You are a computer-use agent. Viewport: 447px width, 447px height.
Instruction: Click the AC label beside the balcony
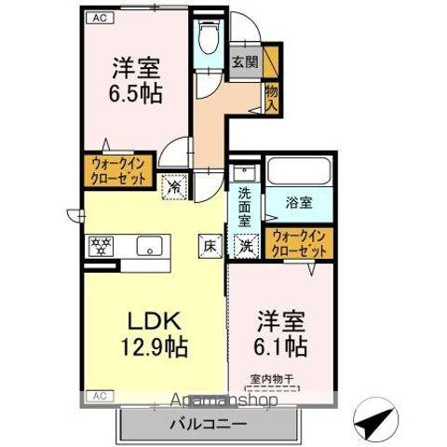pyautogui.click(x=99, y=395)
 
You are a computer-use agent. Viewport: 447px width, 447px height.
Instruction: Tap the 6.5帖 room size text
pyautogui.click(x=136, y=94)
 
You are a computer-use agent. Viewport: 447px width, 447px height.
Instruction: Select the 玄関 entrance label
pyautogui.click(x=245, y=63)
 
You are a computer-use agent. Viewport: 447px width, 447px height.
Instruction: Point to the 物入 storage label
pyautogui.click(x=271, y=96)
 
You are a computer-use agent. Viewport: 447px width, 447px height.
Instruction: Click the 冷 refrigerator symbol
pyautogui.click(x=175, y=186)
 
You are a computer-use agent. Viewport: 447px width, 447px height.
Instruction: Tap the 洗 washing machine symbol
pyautogui.click(x=247, y=247)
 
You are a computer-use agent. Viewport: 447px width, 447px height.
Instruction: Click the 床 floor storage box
pyautogui.click(x=211, y=247)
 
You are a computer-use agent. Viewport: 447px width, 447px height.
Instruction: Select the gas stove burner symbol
pyautogui.click(x=100, y=247)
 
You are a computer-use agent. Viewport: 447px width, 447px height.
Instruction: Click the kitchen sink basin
pyautogui.click(x=146, y=247)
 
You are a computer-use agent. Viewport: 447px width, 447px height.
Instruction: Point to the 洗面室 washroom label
pyautogui.click(x=244, y=207)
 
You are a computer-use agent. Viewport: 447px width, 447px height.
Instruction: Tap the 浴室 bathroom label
pyautogui.click(x=300, y=200)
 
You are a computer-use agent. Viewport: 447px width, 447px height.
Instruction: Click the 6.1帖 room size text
pyautogui.click(x=282, y=346)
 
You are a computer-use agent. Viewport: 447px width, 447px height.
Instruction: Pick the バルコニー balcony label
pyautogui.click(x=207, y=424)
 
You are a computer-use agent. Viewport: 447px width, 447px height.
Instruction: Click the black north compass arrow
pyautogui.click(x=377, y=424)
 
